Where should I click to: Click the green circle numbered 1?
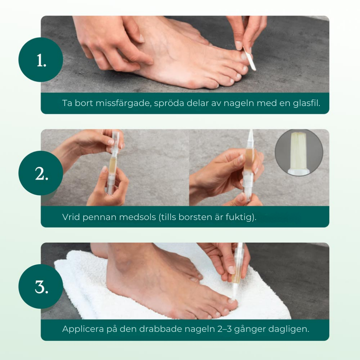coord(41,60)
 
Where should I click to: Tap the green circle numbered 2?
coord(41,173)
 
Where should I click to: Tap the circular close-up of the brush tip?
coord(299,153)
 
